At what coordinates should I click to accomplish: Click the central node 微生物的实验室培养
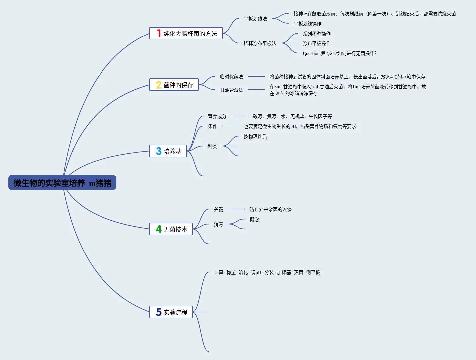coord(62,183)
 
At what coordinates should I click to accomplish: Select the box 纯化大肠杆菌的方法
coord(186,34)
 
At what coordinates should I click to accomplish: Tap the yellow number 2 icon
coord(159,85)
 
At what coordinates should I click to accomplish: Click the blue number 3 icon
coord(159,151)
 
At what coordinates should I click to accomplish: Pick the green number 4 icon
coord(159,229)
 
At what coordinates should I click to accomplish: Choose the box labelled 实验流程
coord(171,312)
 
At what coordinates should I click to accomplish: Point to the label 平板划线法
coord(255,19)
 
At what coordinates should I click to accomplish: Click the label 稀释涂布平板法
coord(260,43)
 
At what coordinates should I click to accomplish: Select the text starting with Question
coord(339,53)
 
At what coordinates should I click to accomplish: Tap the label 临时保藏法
coord(231,77)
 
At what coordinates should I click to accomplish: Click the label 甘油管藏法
coord(231,90)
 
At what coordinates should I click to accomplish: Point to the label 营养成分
coord(217,116)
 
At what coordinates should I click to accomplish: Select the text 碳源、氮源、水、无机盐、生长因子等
coord(292,116)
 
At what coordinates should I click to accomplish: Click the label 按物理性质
coord(255,136)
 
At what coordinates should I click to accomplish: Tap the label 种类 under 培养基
coord(212,146)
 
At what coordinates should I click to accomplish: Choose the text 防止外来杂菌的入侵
coord(270,209)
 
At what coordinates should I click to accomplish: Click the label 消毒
coord(218,224)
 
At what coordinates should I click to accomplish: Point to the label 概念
coord(254,219)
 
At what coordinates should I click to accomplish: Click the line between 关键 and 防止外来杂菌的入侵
coord(236,209)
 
